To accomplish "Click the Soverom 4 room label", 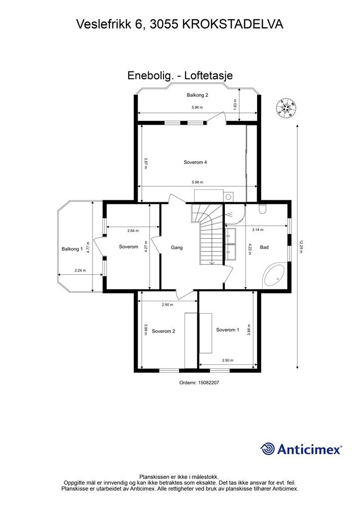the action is [x=195, y=163].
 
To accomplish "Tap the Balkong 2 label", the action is [x=197, y=95].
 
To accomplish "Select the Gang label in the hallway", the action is [x=177, y=248].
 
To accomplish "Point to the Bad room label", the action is [x=264, y=248].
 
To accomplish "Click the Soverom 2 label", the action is [x=164, y=331].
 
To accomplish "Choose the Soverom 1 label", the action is [x=228, y=330].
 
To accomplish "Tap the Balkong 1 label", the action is [x=72, y=249].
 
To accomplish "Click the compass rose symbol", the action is [x=286, y=108].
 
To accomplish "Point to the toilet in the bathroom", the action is [x=263, y=209].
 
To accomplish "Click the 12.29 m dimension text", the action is [x=301, y=247].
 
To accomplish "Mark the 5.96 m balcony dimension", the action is [x=197, y=107].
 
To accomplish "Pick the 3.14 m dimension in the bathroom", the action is [x=258, y=230].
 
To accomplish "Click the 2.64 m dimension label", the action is [x=133, y=231].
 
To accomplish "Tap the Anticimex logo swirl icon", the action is [x=268, y=449].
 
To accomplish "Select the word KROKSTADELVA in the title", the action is [x=233, y=24].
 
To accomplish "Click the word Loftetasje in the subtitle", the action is [x=208, y=76].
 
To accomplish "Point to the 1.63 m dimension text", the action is [x=235, y=104].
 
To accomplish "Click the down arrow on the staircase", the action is [x=212, y=262].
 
